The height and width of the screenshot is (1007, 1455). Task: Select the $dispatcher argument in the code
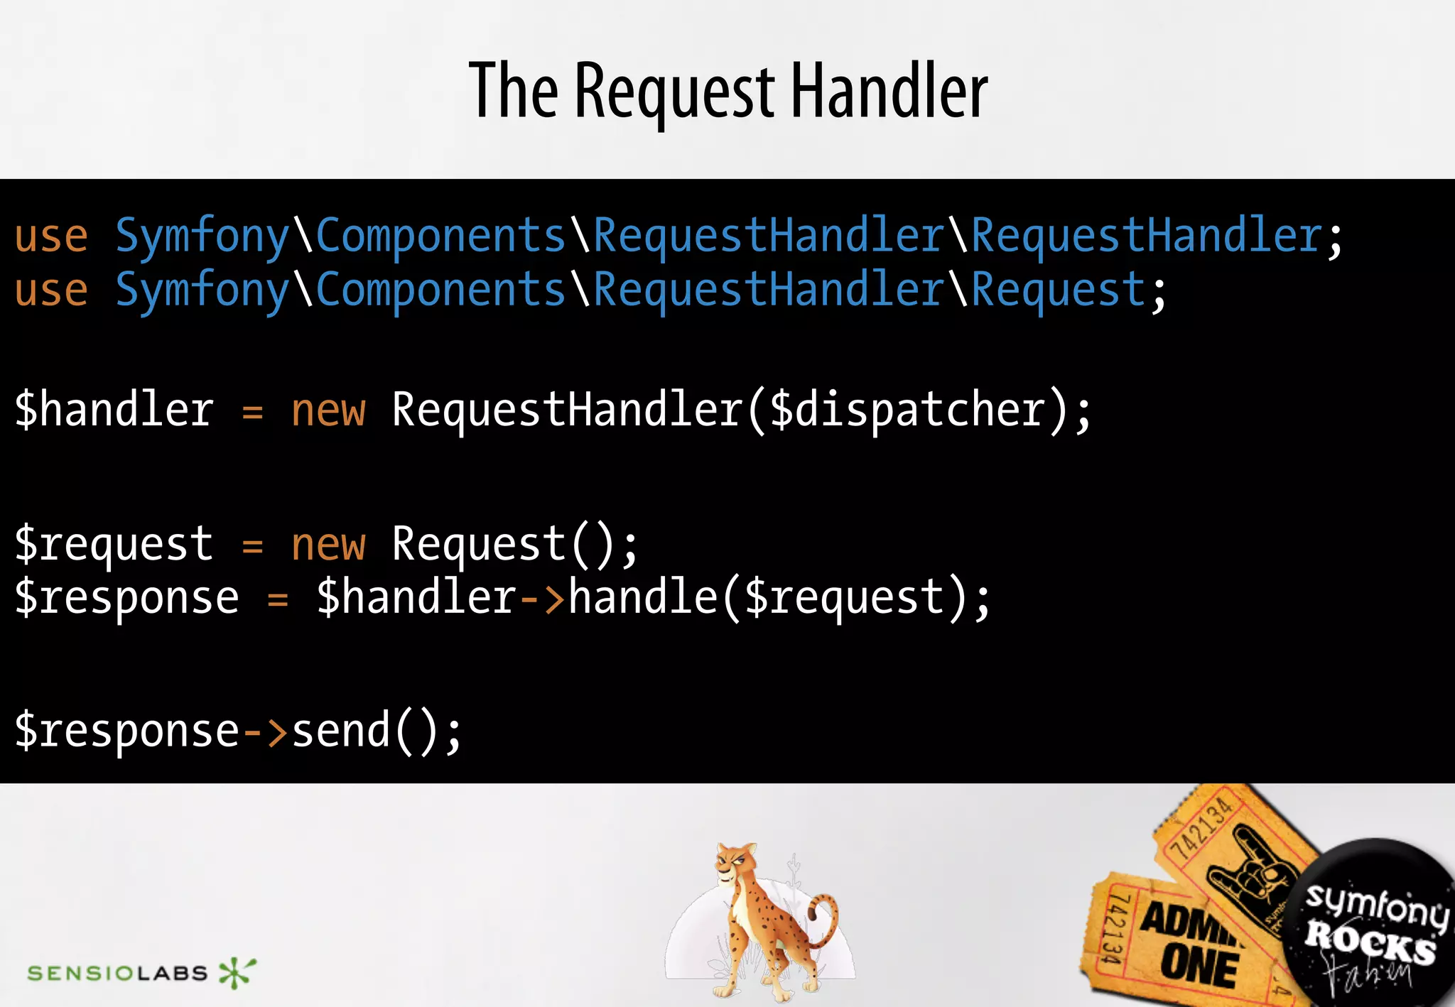(907, 410)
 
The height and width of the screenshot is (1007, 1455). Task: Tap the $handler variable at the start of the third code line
(114, 410)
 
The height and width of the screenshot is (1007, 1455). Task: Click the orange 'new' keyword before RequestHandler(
(328, 411)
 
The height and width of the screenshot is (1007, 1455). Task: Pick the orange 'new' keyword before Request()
(328, 545)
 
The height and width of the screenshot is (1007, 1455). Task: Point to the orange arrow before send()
(265, 731)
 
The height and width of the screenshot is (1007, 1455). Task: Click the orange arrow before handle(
(542, 598)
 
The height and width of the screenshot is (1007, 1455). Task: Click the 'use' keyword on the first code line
(51, 236)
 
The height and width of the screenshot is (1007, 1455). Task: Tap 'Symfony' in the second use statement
(202, 290)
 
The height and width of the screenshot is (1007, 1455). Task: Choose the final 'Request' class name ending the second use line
(1058, 290)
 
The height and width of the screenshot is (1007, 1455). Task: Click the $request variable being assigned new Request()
(114, 545)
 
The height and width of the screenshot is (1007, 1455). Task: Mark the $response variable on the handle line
(127, 598)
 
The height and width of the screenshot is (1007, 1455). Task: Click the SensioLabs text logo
(117, 972)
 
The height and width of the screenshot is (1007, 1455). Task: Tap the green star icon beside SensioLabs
(236, 972)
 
